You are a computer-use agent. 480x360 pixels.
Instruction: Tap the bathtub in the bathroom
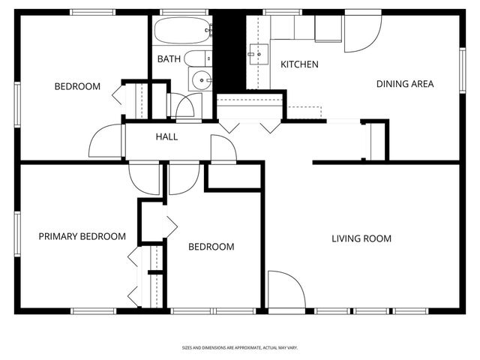click(x=184, y=31)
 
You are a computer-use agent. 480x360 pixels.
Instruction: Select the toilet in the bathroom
click(x=199, y=58)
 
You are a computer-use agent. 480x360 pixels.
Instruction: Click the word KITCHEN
click(x=299, y=64)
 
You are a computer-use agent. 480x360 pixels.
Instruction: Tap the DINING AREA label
click(x=405, y=84)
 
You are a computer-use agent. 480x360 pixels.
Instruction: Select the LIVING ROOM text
click(x=361, y=239)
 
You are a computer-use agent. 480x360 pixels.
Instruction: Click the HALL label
click(x=166, y=136)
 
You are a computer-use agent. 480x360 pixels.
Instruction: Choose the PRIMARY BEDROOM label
click(x=82, y=236)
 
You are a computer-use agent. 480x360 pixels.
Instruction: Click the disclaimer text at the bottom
click(x=239, y=348)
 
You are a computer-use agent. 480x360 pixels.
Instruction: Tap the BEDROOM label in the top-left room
click(x=77, y=86)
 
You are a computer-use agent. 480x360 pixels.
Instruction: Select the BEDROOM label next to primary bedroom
click(x=211, y=247)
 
